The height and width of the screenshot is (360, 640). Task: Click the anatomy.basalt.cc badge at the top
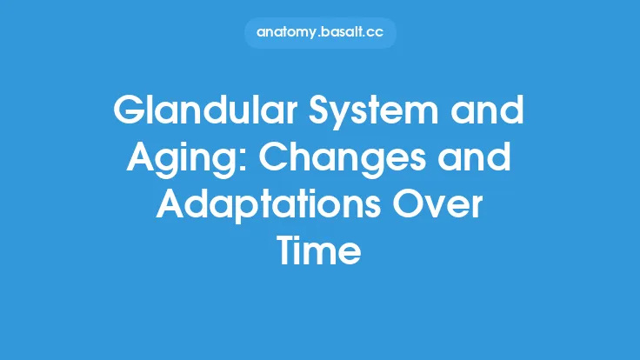coord(320,33)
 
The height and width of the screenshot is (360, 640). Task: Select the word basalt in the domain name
coord(340,33)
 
